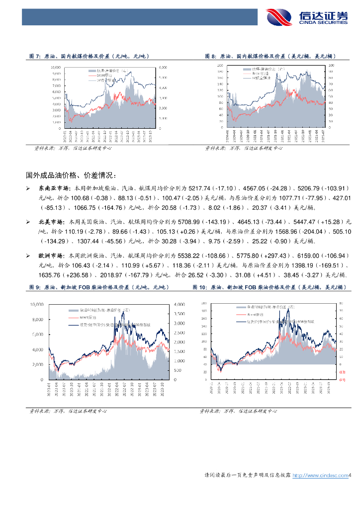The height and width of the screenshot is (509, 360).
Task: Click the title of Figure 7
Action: tap(90, 57)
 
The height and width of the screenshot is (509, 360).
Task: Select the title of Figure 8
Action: tap(268, 57)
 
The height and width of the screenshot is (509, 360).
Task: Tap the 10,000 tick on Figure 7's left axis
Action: tap(56, 67)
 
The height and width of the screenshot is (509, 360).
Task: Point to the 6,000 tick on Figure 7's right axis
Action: tap(163, 67)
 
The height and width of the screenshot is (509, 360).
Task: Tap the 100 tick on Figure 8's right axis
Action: tap(332, 65)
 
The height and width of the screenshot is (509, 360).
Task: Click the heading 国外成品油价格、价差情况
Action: tap(72, 175)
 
